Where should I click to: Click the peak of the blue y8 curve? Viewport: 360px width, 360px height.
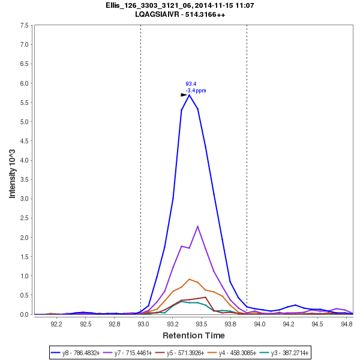pyautogui.click(x=189, y=95)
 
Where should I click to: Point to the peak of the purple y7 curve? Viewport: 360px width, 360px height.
pyautogui.click(x=198, y=226)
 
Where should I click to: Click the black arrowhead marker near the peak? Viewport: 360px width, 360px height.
pyautogui.click(x=184, y=95)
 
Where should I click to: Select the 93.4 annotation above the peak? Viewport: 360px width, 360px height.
pyautogui.click(x=191, y=84)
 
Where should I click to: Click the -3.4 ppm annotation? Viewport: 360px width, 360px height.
pyautogui.click(x=196, y=91)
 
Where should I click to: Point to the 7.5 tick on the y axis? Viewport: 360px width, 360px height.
pyautogui.click(x=25, y=25)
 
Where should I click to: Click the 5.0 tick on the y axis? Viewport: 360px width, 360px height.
pyautogui.click(x=25, y=122)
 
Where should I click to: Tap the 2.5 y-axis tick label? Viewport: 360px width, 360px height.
pyautogui.click(x=25, y=218)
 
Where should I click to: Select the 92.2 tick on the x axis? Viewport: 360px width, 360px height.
pyautogui.click(x=56, y=324)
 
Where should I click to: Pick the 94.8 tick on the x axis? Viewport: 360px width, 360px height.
pyautogui.click(x=346, y=324)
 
